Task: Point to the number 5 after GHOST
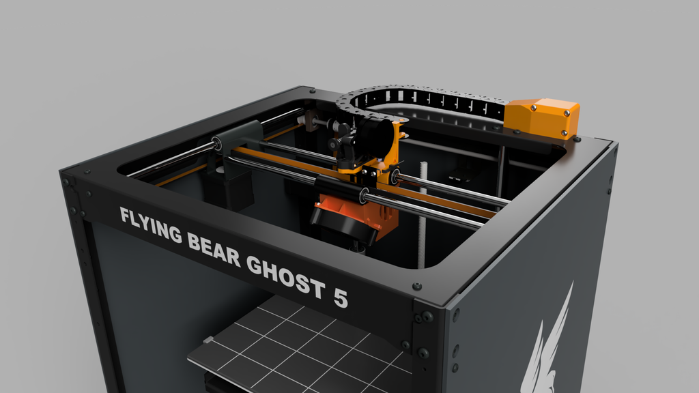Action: (x=340, y=298)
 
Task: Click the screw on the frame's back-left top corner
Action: (x=312, y=90)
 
